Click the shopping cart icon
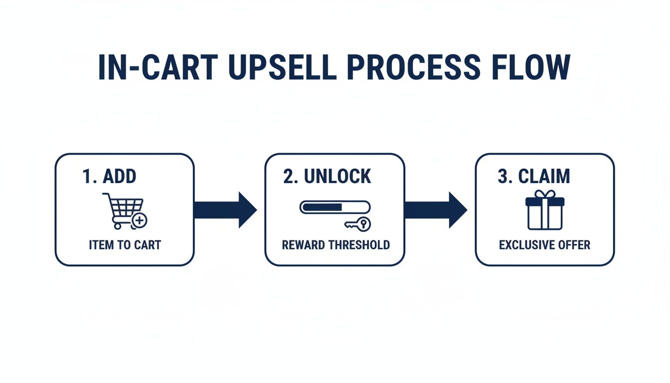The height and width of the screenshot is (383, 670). tap(123, 209)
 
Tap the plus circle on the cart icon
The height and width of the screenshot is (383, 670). tap(140, 219)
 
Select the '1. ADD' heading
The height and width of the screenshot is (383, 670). tap(110, 177)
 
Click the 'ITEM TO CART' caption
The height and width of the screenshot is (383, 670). tap(125, 245)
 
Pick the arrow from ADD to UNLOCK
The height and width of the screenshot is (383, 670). tap(224, 209)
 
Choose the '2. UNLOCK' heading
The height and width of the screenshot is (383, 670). tap(327, 177)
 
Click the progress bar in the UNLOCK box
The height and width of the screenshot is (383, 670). tap(335, 207)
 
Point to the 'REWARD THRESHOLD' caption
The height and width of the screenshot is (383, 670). tap(335, 245)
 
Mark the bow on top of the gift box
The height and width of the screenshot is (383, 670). tap(545, 194)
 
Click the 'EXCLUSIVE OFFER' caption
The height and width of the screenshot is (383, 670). tap(544, 245)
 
